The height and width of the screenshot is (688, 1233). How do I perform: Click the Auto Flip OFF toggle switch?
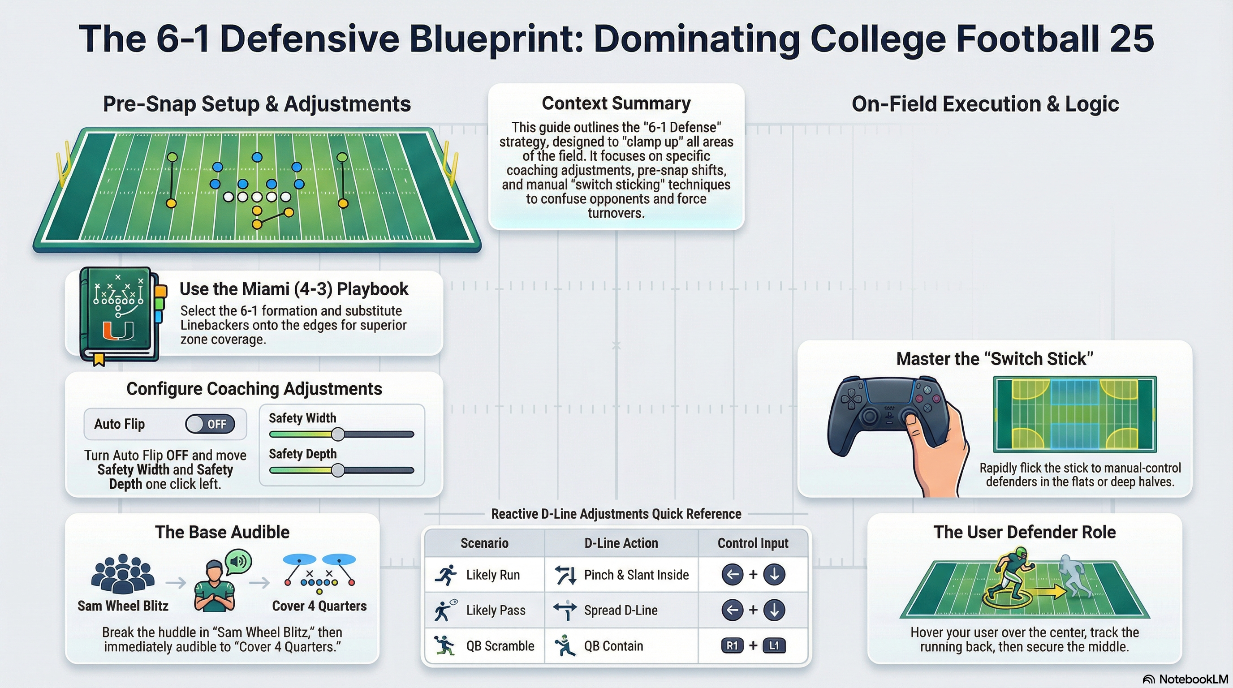(210, 424)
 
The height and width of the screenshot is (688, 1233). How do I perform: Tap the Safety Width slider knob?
(338, 434)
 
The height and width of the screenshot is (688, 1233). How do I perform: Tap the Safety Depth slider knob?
(338, 470)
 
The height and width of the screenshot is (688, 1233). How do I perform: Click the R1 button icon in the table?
(732, 645)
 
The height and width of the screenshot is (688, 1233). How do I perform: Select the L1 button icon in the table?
(773, 645)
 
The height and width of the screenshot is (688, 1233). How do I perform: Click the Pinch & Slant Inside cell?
(621, 575)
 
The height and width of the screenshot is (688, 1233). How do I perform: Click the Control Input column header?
(752, 543)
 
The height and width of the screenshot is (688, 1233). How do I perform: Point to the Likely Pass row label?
(496, 610)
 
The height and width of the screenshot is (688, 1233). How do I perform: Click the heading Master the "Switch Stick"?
(994, 359)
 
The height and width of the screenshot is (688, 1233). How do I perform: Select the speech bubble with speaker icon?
(238, 561)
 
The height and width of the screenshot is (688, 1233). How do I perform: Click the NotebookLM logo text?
(1193, 679)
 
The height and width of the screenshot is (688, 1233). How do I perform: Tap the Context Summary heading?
(616, 103)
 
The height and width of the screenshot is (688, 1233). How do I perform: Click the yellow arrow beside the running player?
(1051, 592)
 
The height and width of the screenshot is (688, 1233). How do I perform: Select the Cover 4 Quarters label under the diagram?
(319, 606)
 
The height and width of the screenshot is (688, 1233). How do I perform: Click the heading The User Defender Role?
(1024, 532)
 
